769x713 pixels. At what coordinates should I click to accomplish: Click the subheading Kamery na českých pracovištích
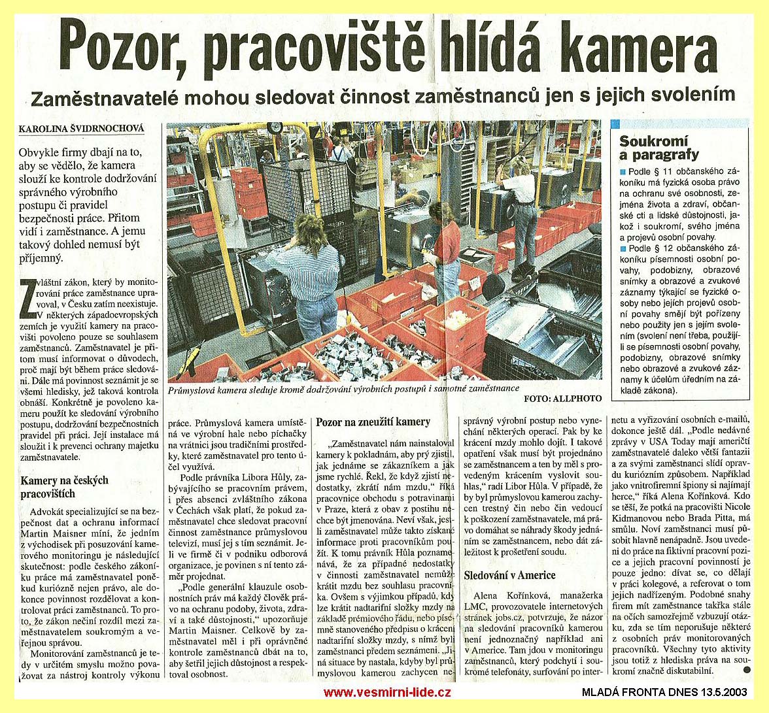[65, 487]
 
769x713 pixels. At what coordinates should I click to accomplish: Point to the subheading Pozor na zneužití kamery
[373, 422]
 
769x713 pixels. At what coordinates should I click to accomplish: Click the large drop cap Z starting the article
[27, 291]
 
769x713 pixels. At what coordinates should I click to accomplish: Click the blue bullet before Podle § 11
[622, 173]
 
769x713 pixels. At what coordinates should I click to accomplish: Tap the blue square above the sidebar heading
[615, 123]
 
